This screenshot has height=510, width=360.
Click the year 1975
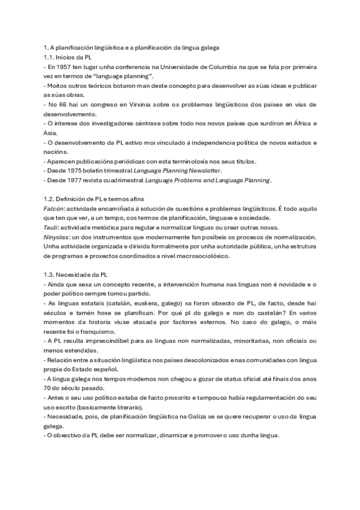pos(75,171)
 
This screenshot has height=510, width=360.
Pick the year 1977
pos(75,180)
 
